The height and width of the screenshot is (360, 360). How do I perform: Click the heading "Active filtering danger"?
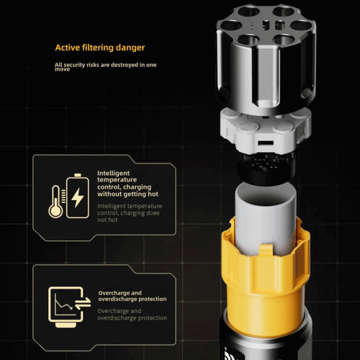coord(100,48)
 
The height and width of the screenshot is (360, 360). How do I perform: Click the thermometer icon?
coord(55,202)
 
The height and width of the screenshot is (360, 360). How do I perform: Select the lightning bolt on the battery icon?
coord(78,197)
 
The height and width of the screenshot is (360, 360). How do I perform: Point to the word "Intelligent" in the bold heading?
coord(113,174)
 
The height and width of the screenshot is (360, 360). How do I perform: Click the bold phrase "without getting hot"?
coord(127,194)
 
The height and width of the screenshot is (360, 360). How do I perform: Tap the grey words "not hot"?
coord(107,220)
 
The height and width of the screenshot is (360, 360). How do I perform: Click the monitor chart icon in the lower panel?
coord(66,307)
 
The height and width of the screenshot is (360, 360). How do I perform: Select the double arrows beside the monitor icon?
coord(83,303)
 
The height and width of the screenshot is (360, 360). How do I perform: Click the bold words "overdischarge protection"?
coord(132,299)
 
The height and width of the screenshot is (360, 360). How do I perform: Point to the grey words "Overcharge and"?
coord(119,311)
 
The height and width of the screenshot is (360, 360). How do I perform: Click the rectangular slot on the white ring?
coord(266,143)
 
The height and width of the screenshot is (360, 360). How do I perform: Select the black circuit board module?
coord(266,168)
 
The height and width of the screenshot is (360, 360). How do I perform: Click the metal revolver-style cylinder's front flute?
coord(266,77)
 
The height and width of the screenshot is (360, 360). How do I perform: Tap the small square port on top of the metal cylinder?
coord(265,25)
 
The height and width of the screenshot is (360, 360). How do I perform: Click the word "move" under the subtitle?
coord(62,69)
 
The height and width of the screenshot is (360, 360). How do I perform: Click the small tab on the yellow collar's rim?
coord(266,250)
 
